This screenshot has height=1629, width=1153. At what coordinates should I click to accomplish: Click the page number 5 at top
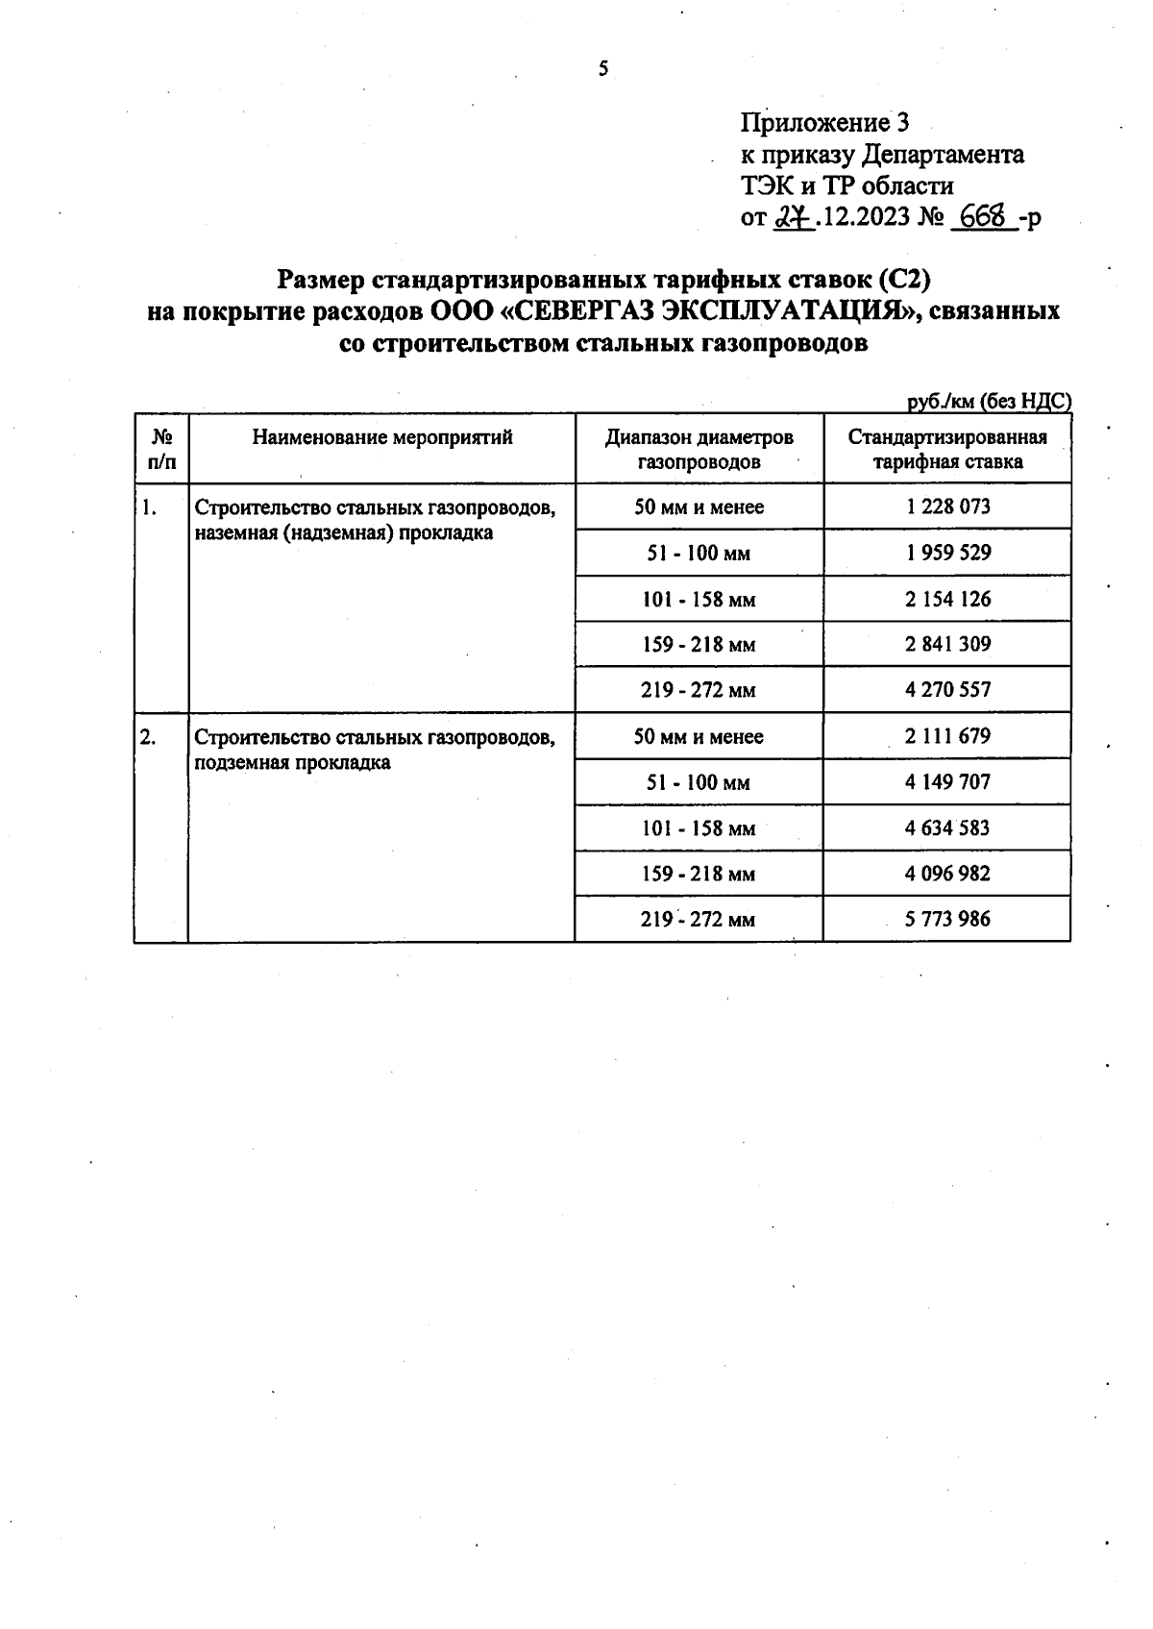603,69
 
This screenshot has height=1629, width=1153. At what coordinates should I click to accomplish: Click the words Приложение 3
823,123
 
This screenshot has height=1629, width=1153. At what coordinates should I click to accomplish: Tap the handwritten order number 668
982,216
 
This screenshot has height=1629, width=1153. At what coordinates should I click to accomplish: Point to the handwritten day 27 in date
790,217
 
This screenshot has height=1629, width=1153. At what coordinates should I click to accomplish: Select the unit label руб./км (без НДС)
989,402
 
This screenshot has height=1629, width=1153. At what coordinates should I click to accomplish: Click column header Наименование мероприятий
382,437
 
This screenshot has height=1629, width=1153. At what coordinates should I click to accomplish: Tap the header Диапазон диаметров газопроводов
699,449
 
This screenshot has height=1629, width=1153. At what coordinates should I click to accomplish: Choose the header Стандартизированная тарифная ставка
946,449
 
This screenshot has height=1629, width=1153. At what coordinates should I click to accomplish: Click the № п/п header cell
161,449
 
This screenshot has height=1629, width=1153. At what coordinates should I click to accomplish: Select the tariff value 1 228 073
947,506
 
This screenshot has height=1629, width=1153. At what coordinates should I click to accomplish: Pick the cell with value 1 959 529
947,553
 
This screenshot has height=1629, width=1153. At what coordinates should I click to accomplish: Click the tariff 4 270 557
947,689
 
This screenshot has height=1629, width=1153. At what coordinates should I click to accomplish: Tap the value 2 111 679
946,736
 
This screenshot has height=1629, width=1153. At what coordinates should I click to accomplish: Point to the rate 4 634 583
946,827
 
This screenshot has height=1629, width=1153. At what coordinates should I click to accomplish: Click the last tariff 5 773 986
946,919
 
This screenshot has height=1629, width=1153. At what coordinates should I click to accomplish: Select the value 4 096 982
946,874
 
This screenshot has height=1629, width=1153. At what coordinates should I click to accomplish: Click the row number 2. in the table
148,737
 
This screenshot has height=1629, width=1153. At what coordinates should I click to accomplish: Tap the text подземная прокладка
292,763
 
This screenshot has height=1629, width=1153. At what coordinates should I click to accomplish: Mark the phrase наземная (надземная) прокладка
343,533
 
